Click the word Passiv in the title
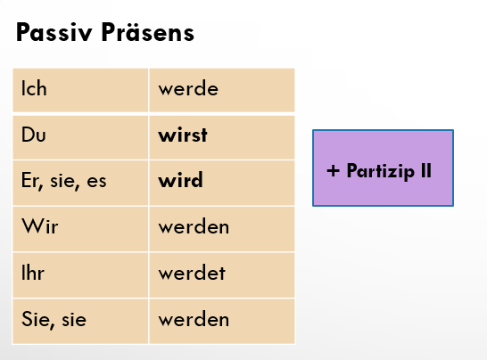coord(54,32)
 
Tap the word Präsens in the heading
coord(147,31)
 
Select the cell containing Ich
coord(80,90)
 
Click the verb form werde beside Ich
coord(188,88)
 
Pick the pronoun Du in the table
coord(34,135)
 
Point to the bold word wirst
coord(183,135)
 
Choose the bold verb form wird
coord(180,180)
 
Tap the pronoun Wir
coord(40,226)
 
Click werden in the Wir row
coord(194,226)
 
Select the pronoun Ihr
coord(33,273)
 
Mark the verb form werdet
coord(192,273)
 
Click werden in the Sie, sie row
coord(194,319)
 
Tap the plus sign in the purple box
coord(333,171)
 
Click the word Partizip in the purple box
coord(381,171)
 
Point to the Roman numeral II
coord(426,170)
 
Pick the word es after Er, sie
coord(96,181)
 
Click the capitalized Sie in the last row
coord(35,319)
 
